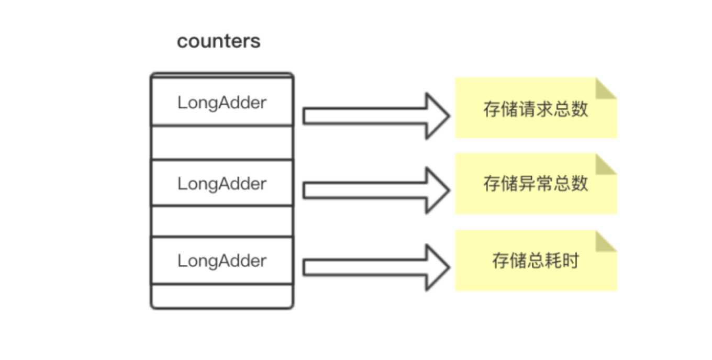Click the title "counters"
click(x=218, y=41)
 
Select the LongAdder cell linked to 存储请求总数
click(x=222, y=103)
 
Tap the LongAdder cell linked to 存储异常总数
click(x=222, y=184)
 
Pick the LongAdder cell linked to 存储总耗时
click(x=222, y=261)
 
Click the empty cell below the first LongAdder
click(x=222, y=142)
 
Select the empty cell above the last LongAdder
click(x=222, y=221)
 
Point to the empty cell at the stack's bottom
click(x=222, y=296)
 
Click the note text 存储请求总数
click(x=536, y=109)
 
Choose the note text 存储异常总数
click(x=536, y=184)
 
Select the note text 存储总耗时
click(x=536, y=261)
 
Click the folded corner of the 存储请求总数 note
click(x=606, y=88)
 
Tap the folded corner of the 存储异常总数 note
click(x=606, y=164)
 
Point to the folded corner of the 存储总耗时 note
click(x=606, y=241)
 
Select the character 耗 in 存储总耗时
click(x=553, y=261)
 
